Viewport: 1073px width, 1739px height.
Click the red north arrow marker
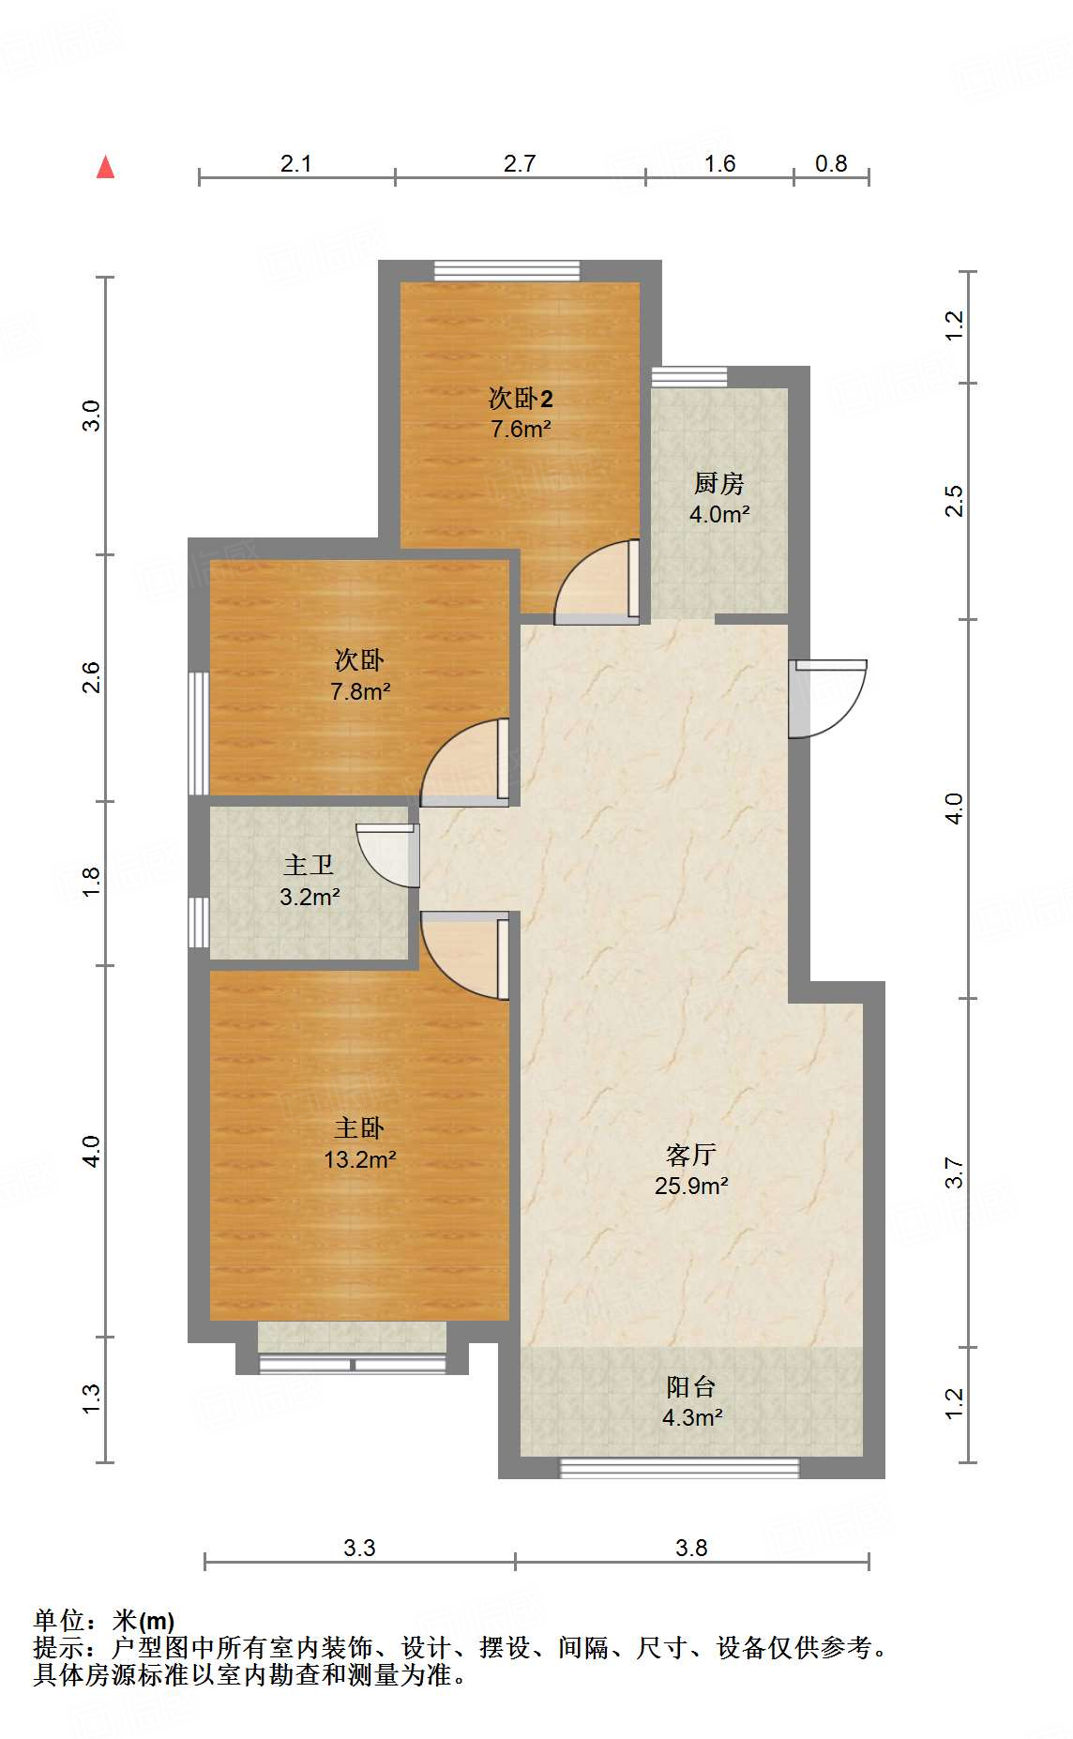[x=106, y=167]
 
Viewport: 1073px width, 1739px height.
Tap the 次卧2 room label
[x=521, y=399]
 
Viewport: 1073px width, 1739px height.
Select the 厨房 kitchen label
[x=719, y=484]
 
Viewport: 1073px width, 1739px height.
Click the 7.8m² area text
[x=360, y=692]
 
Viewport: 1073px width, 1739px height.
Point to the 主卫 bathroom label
[x=309, y=865]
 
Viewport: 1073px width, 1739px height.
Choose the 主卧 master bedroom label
[x=359, y=1128]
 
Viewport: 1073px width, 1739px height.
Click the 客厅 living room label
[x=691, y=1155]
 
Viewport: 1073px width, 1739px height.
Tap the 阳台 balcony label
[x=691, y=1386]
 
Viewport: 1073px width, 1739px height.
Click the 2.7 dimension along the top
[x=520, y=164]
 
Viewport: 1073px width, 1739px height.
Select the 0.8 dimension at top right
[x=831, y=164]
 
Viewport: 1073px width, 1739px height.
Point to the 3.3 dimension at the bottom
[x=359, y=1549]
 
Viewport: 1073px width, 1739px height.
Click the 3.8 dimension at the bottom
[x=691, y=1549]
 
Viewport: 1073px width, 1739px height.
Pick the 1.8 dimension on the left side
[x=91, y=882]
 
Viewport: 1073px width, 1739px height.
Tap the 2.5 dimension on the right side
[x=954, y=501]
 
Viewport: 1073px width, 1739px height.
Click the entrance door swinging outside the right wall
[x=828, y=696]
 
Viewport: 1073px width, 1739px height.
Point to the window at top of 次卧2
[x=507, y=271]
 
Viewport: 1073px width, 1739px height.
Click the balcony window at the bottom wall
[x=680, y=1468]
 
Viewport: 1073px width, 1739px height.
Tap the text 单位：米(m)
[x=104, y=1620]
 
